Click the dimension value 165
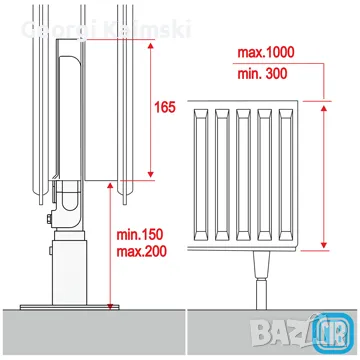click(x=165, y=107)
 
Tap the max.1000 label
click(x=266, y=52)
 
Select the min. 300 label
click(x=262, y=74)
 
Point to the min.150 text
click(x=140, y=235)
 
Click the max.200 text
click(x=141, y=251)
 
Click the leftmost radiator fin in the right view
click(x=201, y=175)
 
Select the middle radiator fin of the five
click(x=243, y=175)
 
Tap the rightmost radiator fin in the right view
click(x=286, y=175)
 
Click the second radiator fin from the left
click(x=222, y=175)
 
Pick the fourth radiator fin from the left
click(x=264, y=175)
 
